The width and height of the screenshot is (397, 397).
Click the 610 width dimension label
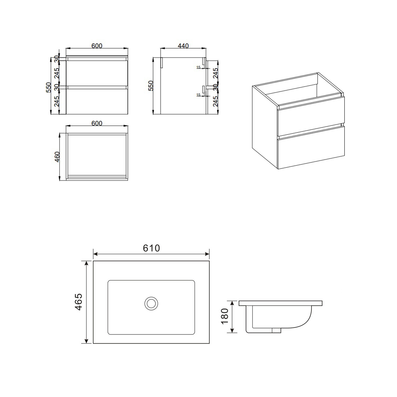(x=151, y=248)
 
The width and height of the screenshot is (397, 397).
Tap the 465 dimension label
(x=79, y=302)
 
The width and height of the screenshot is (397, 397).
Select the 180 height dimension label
(x=224, y=316)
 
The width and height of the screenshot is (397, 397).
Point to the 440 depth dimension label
(x=183, y=46)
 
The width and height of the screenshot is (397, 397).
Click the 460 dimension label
(x=57, y=157)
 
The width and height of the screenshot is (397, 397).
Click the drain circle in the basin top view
(x=151, y=303)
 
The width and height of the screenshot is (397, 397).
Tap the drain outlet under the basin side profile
(x=277, y=330)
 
